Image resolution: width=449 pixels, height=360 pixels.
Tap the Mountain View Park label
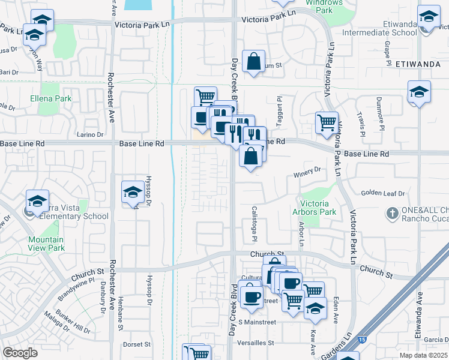46,244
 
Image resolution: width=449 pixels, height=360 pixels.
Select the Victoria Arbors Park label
314,208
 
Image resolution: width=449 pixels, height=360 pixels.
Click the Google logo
20,353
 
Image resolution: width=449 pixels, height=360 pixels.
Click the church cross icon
393,213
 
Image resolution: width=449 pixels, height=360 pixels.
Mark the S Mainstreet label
256,322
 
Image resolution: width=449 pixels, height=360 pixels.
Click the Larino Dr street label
91,135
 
